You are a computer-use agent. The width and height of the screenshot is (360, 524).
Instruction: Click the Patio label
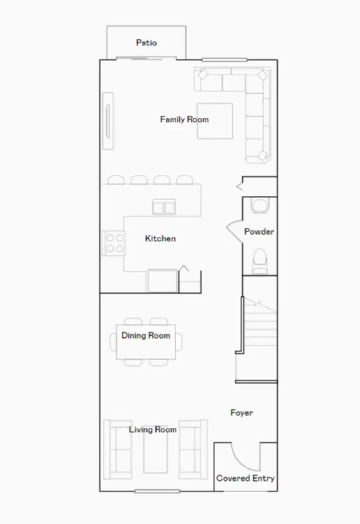[146, 43]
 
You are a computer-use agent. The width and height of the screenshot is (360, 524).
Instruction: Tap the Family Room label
[184, 119]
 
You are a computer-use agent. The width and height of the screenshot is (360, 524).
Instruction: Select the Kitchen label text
[160, 238]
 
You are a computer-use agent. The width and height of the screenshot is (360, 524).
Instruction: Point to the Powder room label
[259, 232]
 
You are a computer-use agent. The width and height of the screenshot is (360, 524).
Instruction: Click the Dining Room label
[145, 335]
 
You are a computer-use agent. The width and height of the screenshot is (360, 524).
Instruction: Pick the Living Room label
[152, 430]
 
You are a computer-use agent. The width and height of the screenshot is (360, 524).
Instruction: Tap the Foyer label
[241, 413]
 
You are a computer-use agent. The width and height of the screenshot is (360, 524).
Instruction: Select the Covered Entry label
[245, 478]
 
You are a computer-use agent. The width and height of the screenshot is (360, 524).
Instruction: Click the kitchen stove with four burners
[113, 242]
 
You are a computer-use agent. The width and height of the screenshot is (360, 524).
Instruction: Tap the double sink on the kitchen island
[164, 207]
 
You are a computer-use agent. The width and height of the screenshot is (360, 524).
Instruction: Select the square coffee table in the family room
[215, 121]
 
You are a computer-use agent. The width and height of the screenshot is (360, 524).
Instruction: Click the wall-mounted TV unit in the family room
[108, 121]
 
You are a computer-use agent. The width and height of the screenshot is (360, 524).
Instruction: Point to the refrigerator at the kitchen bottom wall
[162, 281]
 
